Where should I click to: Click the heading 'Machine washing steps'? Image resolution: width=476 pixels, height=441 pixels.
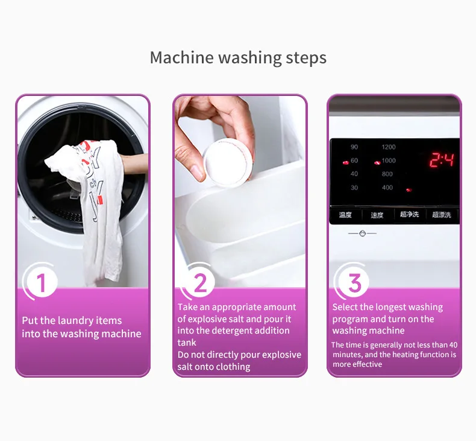tap(238, 58)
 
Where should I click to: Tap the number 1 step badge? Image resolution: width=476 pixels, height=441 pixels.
tap(41, 282)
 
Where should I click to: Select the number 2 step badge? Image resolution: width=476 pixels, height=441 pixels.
tap(200, 282)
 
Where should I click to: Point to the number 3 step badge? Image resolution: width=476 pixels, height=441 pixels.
tap(355, 282)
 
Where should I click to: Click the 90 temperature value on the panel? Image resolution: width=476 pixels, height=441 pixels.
tap(354, 147)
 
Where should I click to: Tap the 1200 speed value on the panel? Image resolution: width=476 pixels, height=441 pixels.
tap(388, 147)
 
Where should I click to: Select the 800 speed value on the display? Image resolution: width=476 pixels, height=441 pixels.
tap(387, 174)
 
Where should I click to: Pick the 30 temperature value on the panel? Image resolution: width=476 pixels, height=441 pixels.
tap(354, 188)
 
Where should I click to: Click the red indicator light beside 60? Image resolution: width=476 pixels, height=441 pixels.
tap(345, 162)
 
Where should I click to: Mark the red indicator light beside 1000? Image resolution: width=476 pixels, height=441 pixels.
tap(377, 162)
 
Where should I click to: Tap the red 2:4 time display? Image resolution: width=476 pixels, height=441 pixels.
tap(441, 160)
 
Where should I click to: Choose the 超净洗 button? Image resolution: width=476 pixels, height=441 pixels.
tap(409, 215)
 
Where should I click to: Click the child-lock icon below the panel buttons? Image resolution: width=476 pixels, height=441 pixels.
tap(362, 233)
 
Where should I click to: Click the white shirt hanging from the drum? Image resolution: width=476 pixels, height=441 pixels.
tap(99, 205)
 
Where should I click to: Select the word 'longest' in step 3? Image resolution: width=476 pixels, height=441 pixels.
tap(391, 307)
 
